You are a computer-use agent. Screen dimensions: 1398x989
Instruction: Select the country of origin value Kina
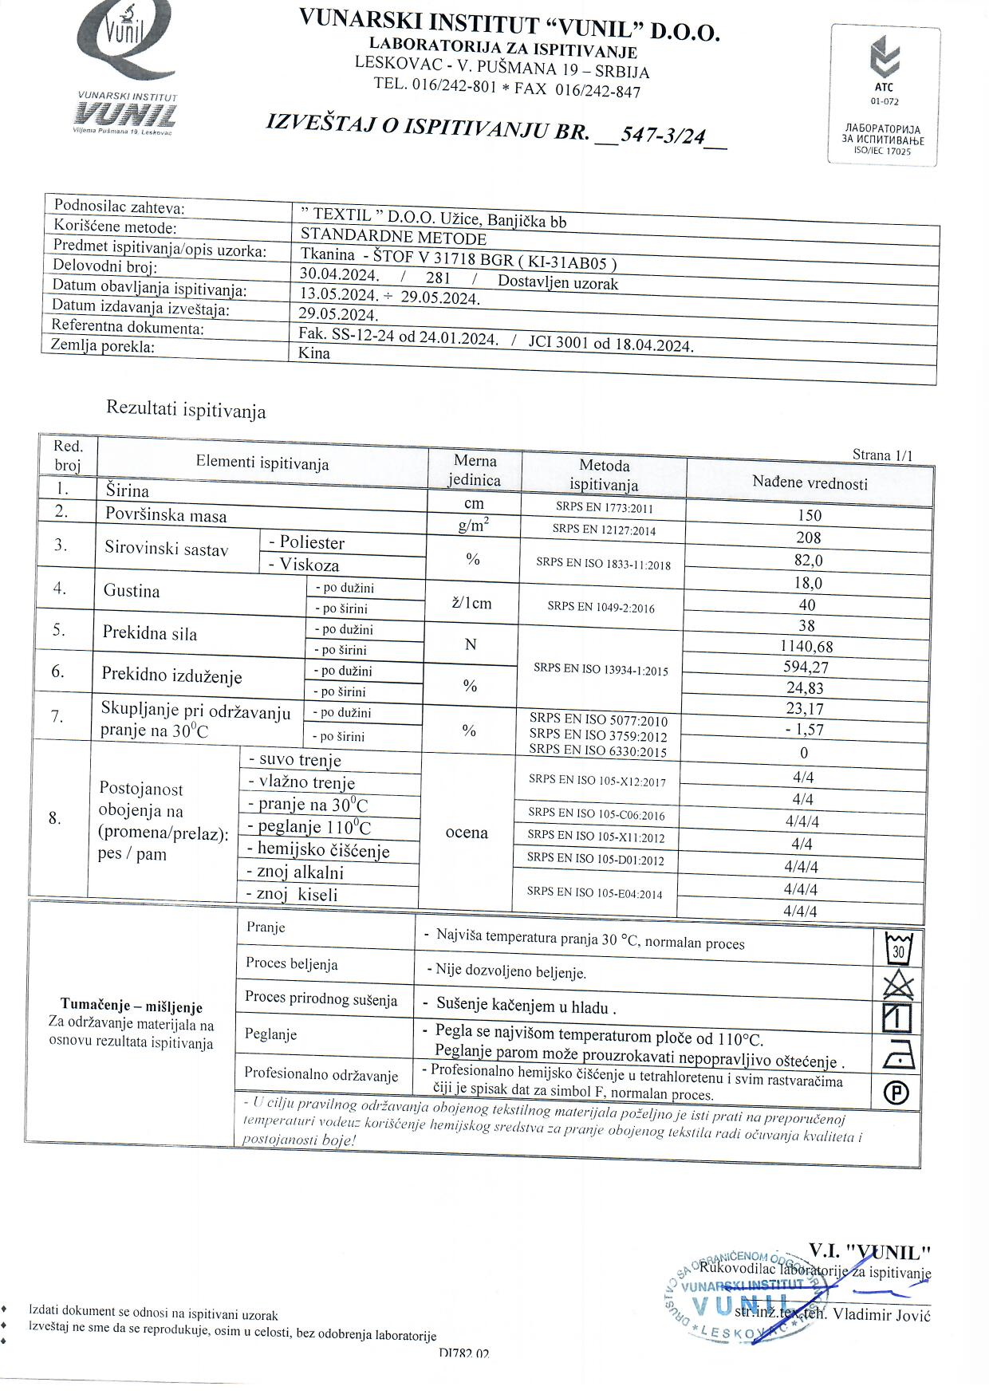point(314,353)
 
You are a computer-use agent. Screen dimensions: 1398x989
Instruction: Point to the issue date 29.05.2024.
point(337,314)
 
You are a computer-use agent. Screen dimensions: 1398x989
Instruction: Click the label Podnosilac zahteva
point(119,208)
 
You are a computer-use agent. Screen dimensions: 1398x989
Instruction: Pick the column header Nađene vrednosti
point(810,483)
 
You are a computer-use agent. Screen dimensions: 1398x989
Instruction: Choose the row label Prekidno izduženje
point(171,676)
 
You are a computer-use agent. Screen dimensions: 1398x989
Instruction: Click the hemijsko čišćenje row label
point(323,850)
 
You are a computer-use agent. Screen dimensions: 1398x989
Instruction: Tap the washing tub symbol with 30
point(898,949)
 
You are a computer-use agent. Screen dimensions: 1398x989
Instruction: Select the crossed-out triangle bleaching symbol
point(898,985)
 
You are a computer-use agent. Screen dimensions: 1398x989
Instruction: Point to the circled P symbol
point(898,1093)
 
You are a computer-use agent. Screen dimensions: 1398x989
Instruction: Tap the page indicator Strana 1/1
point(882,455)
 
